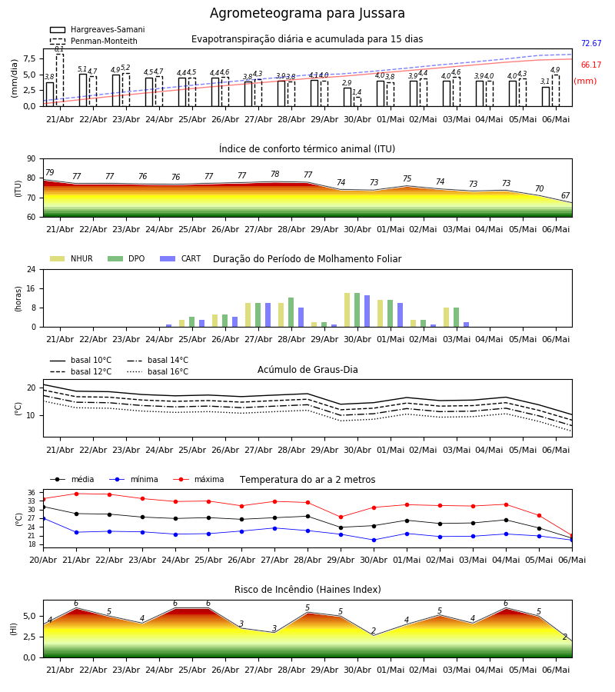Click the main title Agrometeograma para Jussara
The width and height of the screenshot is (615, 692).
[x=307, y=13]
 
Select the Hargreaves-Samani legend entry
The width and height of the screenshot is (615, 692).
[x=98, y=29]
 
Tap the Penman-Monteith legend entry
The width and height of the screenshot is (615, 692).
[x=94, y=41]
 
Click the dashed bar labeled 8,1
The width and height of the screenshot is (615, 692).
[x=59, y=80]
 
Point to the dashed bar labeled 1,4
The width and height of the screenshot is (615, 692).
[x=357, y=102]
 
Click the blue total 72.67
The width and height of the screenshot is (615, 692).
[x=591, y=43]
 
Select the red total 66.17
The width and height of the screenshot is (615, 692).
[x=591, y=65]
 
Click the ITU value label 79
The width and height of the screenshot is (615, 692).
[x=50, y=172]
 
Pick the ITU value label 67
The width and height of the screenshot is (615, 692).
[x=566, y=195]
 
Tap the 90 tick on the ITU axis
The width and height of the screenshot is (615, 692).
[x=32, y=159]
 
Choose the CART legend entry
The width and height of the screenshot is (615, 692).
[x=181, y=258]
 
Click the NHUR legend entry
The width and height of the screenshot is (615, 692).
[x=71, y=258]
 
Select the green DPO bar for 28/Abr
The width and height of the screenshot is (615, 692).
[x=291, y=312]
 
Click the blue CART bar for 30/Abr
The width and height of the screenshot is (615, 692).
[x=367, y=311]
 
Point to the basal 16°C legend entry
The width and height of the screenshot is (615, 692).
[x=158, y=371]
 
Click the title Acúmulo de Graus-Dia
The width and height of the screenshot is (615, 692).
[x=307, y=370]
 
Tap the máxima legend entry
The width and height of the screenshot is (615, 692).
[x=198, y=479]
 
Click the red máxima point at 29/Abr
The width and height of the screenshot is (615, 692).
[x=341, y=517]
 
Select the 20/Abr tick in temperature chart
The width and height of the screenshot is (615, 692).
[x=43, y=560]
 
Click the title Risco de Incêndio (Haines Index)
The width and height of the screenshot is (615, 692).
[x=307, y=590]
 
